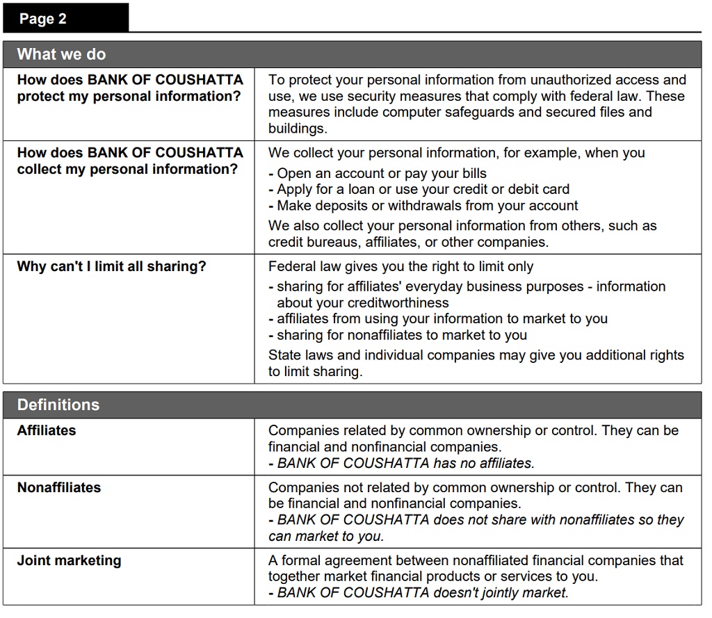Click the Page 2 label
[43, 19]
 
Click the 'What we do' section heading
[61, 54]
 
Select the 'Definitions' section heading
[58, 405]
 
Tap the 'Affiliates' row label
[47, 431]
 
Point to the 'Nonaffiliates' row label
[59, 488]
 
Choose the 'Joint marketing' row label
[69, 561]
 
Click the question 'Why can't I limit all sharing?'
[111, 267]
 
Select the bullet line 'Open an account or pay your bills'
[381, 174]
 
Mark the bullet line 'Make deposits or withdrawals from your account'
[427, 206]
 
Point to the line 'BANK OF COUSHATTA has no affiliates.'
[405, 463]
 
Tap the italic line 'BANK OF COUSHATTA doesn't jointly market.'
[422, 593]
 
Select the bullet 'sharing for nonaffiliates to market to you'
[401, 335]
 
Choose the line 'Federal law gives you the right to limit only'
[401, 267]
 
